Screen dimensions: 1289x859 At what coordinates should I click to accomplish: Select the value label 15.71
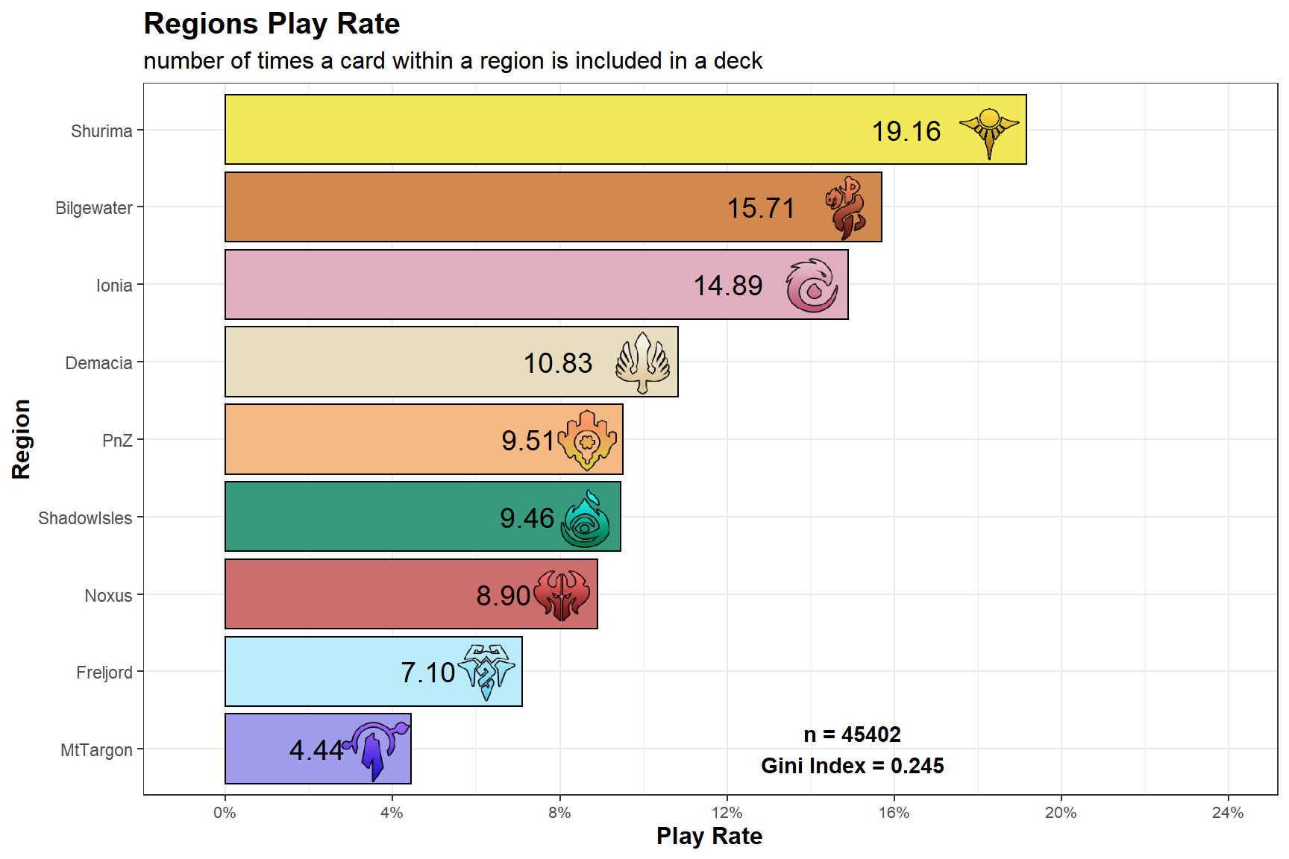click(761, 208)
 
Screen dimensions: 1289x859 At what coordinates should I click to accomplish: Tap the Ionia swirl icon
click(812, 285)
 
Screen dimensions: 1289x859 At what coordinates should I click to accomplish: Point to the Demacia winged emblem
click(642, 362)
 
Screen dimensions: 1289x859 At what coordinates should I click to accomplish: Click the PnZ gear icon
click(587, 440)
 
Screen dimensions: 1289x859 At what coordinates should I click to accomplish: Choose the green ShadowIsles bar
click(423, 517)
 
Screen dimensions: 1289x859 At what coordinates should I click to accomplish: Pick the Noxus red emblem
click(562, 595)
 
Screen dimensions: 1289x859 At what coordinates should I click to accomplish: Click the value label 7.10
click(427, 673)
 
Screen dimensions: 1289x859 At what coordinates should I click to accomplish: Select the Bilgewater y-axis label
click(94, 208)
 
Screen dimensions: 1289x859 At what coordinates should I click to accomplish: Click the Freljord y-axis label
click(104, 673)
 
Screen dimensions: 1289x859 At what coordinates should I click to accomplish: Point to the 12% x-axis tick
click(727, 813)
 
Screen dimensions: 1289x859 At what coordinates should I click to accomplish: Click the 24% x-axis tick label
click(1228, 813)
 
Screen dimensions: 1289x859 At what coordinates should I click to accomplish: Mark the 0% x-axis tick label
click(225, 813)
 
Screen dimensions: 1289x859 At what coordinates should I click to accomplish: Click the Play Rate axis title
click(709, 837)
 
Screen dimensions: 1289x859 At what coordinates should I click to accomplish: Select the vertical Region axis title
click(21, 439)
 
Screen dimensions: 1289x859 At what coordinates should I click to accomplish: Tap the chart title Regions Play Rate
click(272, 24)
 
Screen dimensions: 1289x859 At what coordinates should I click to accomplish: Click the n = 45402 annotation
click(852, 734)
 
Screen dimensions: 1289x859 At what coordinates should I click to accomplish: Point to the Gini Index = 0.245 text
click(852, 766)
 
